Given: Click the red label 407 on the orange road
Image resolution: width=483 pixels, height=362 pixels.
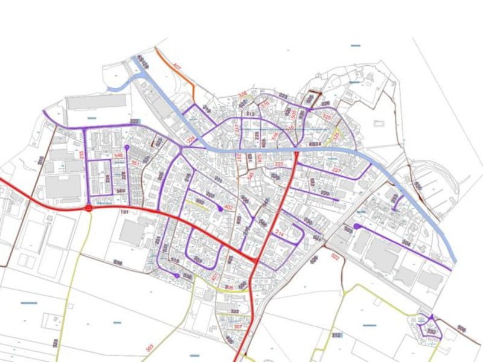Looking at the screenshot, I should pos(177,66).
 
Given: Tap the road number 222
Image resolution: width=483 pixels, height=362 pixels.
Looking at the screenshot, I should pos(135,122).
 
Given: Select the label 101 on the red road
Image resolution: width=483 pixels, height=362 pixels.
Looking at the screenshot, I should pos(126,213).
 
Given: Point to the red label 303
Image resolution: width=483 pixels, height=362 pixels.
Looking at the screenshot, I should pos(149,348).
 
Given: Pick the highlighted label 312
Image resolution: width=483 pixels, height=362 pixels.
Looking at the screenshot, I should pos(336,335).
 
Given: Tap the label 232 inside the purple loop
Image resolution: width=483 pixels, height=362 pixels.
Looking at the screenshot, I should pos(431,332).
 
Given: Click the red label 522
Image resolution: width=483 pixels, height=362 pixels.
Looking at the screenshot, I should pos(336,256).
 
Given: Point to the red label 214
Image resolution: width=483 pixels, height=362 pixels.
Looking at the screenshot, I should pos(279,232).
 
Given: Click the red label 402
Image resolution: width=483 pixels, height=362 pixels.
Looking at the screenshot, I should pos(228,208).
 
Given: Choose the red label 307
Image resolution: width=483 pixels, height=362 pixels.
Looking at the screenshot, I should pos(238,326).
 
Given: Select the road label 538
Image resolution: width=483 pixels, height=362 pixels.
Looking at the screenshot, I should pos(117,262).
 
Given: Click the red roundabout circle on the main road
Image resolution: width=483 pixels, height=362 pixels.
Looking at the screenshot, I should pos(89,208).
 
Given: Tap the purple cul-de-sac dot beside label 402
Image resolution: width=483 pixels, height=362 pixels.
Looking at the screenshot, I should pos(219,206).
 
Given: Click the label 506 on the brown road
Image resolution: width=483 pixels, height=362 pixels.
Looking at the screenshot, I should pos(462,329).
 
